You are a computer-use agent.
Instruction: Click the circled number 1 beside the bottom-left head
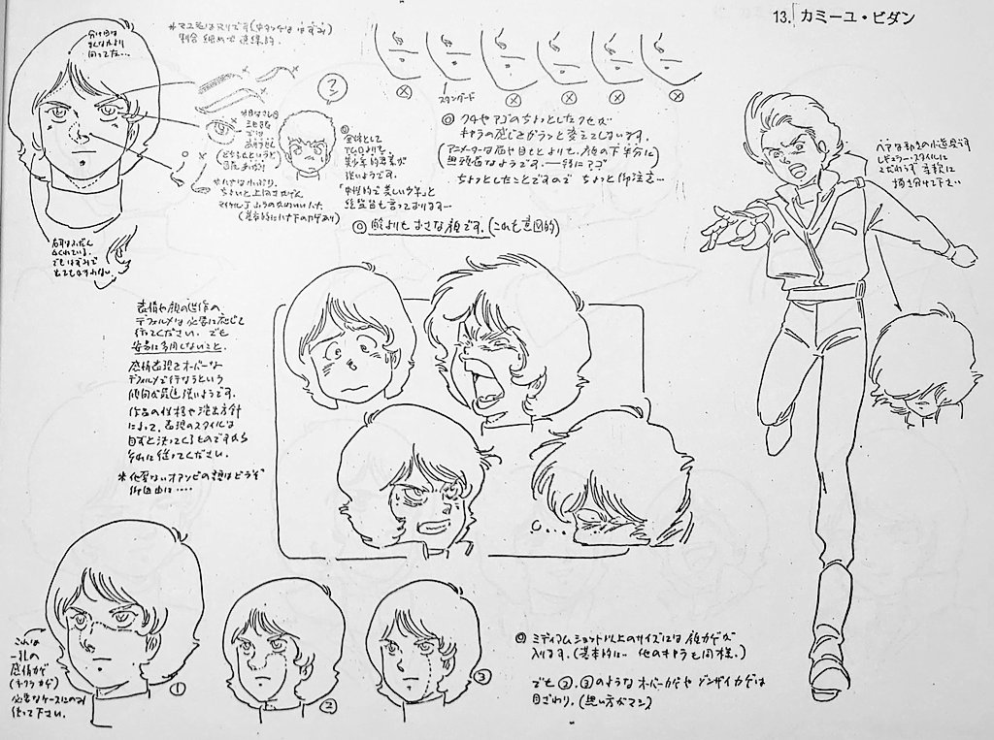[x=178, y=688]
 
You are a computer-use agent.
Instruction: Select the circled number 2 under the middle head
[x=329, y=705]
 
